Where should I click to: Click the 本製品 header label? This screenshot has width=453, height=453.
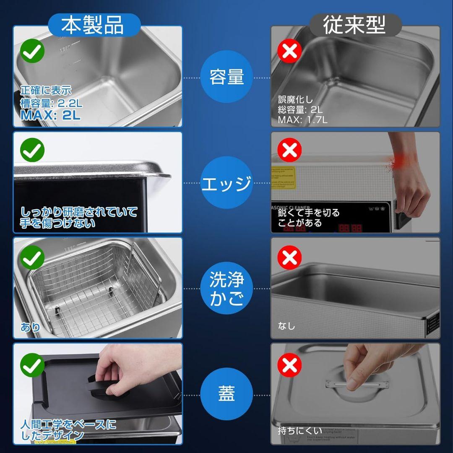pos(93,26)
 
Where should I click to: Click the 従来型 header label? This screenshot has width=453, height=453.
pos(355,26)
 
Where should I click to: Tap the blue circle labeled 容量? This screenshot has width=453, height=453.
pos(227,78)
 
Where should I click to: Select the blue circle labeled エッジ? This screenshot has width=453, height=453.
pos(227,183)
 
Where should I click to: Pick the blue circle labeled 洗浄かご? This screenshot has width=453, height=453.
pos(227,289)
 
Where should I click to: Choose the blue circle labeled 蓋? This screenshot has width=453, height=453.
pos(227,395)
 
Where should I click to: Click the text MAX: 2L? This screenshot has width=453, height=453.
pos(50,115)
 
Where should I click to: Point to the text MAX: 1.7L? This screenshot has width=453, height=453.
pos(302,120)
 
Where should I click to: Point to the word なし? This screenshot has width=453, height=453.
pos(286,326)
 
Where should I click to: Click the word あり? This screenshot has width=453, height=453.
pos(30,327)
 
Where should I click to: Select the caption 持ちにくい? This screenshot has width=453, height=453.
pos(300,431)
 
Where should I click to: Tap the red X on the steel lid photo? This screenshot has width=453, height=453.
pos(289,364)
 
